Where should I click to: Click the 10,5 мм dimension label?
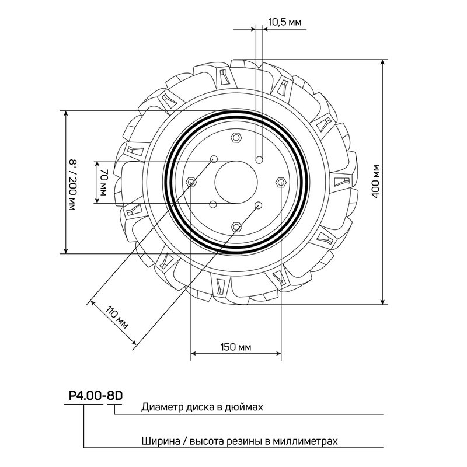[x=284, y=22]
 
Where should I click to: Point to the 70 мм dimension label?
[x=104, y=182]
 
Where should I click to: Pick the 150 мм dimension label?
[x=236, y=347]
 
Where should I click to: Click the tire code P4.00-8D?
[x=95, y=395]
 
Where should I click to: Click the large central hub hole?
[x=235, y=182]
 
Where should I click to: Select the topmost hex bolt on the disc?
[x=236, y=138]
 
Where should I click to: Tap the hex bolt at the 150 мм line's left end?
[x=191, y=183]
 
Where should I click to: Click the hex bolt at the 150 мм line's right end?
[x=281, y=183]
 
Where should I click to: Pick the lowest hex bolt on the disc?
[x=236, y=226]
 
